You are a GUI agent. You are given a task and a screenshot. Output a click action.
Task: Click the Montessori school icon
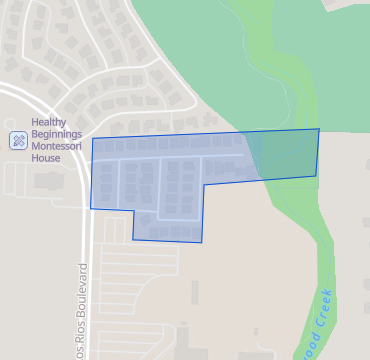click(18, 140)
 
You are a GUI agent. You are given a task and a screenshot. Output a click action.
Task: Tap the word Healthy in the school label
click(50, 123)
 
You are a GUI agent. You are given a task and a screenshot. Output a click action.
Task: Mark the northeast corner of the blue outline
click(319, 129)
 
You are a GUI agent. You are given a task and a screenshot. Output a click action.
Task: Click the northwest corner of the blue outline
click(93, 139)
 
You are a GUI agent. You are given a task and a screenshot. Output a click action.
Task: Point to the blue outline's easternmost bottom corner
click(316, 176)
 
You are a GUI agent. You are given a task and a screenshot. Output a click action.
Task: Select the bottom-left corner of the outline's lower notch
click(133, 239)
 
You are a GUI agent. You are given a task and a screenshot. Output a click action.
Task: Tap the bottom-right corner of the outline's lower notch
click(202, 242)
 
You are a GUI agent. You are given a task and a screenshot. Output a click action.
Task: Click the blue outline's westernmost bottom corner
click(91, 208)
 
